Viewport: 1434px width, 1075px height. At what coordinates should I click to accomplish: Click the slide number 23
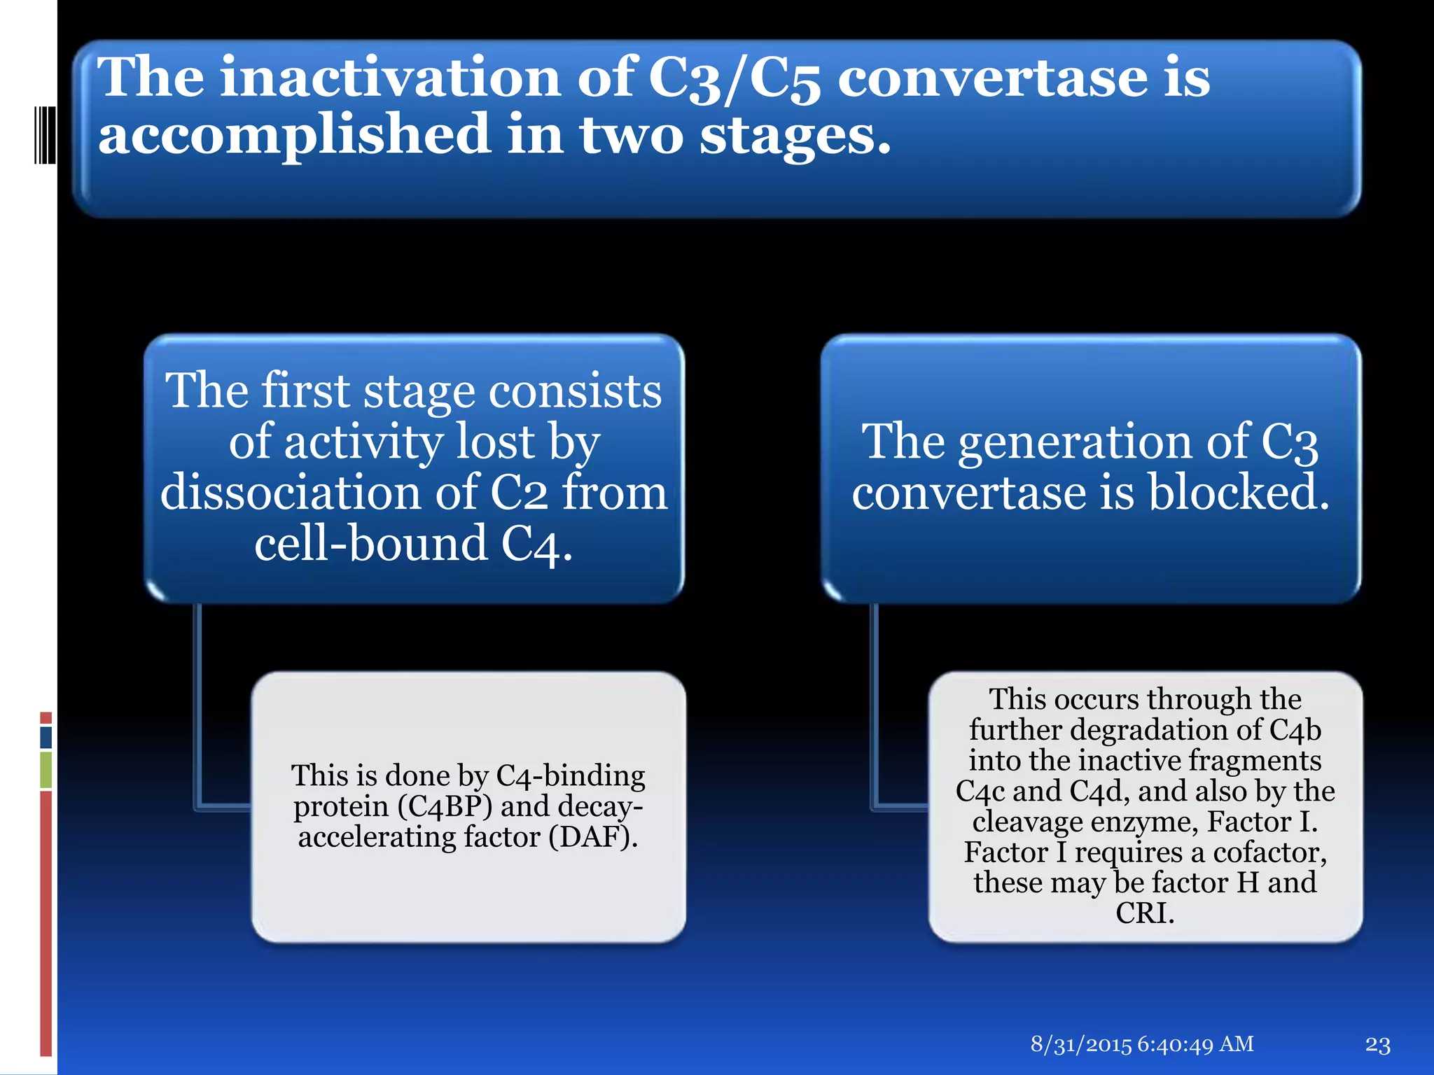(1377, 1045)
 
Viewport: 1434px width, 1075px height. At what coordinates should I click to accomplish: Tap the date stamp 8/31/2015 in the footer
(1081, 1044)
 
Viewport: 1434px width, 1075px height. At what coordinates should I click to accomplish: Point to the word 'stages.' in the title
(795, 135)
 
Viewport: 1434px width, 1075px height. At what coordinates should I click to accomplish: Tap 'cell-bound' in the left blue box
(370, 544)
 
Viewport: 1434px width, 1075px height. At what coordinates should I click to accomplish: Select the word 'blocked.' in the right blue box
(1238, 492)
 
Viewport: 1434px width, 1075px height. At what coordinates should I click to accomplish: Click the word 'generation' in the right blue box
(1075, 442)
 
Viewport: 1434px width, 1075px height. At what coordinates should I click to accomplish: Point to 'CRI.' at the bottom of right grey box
(1145, 913)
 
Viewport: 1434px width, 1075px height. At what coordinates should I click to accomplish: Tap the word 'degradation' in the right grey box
(1149, 730)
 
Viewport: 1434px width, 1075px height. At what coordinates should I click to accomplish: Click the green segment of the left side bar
(46, 770)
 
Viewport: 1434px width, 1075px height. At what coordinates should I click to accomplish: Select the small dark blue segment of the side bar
(46, 737)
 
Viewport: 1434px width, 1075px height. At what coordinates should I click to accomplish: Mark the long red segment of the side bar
(46, 924)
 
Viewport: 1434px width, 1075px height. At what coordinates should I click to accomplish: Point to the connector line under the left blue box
(199, 707)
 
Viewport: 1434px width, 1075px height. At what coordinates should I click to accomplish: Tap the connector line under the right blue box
(875, 707)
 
